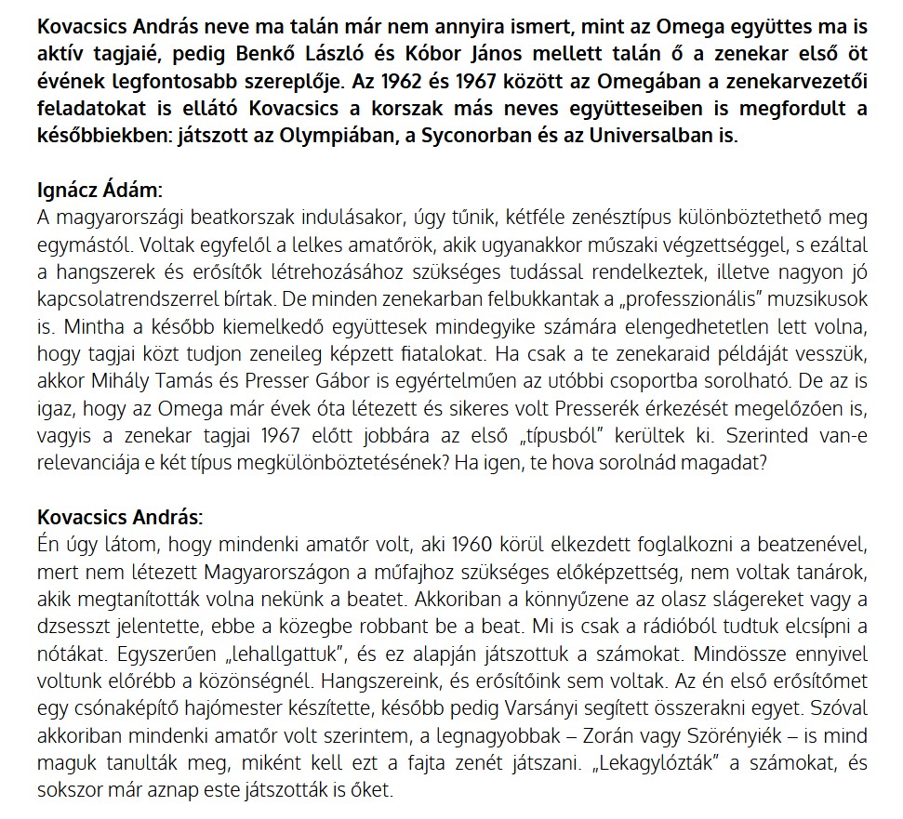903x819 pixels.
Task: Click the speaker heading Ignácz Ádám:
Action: point(100,193)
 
